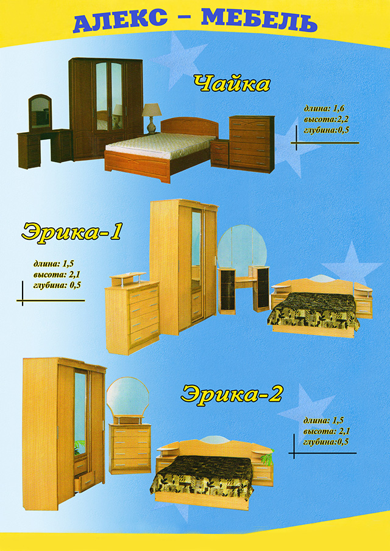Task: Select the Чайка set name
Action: point(232,85)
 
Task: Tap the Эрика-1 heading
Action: point(71,233)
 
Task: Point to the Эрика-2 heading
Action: point(232,394)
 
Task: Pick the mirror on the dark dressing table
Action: point(40,113)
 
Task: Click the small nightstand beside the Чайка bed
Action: point(220,153)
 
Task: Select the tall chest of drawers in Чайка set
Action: point(252,144)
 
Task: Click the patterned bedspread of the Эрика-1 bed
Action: point(313,311)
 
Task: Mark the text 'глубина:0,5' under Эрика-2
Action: point(325,442)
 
